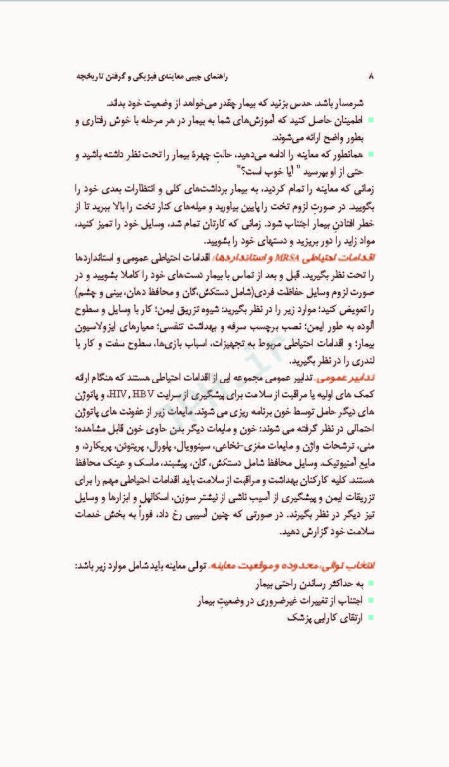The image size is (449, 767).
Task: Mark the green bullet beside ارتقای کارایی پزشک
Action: click(x=372, y=619)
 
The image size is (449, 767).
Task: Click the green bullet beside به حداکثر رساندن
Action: click(x=372, y=583)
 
